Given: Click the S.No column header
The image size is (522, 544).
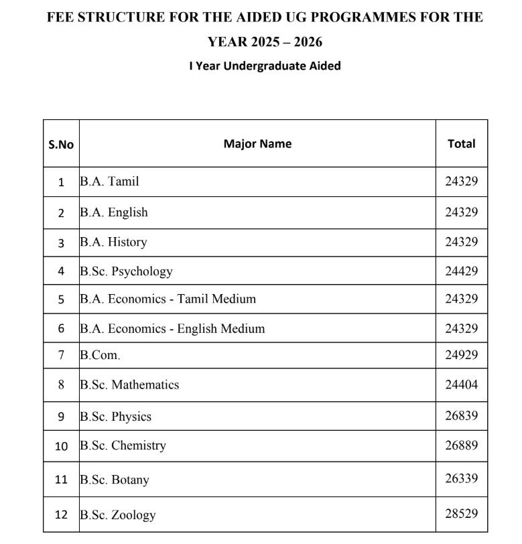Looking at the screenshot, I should coord(61,144).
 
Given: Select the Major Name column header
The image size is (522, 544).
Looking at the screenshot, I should coord(257,143).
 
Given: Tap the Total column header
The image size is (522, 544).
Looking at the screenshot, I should coord(461,143).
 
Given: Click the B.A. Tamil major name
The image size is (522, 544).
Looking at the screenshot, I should coord(109,181).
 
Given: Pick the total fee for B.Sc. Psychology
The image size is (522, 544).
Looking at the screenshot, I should coord(461,271).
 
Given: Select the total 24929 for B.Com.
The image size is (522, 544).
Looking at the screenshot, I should coord(461,355).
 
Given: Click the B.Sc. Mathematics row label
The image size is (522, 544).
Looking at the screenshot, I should coord(129,385).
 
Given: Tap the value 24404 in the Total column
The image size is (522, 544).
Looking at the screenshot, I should coord(461,385).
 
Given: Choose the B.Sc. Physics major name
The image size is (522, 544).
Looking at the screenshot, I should coord(115,416).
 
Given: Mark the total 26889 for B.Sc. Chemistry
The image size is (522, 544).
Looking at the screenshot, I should coord(461,446).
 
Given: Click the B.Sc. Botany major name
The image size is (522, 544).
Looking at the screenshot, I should coord(114,480).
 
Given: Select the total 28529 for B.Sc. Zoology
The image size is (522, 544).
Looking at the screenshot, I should coord(461,515).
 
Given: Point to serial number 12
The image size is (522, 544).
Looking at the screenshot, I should coord(61,515).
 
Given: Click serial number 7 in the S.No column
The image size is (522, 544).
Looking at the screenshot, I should coord(61,355).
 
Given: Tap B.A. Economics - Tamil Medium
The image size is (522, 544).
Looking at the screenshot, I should coord(168,299).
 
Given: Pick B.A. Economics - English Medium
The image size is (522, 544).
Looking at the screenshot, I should coord(172,328).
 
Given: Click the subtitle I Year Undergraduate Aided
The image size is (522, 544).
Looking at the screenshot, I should coord(265,66).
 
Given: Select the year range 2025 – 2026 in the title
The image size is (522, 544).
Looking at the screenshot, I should coord(284,42).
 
